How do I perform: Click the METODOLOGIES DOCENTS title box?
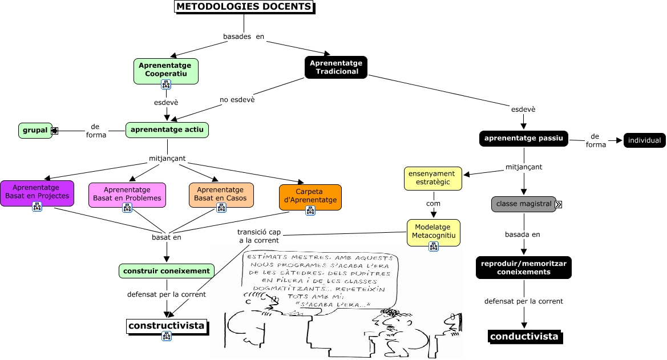pyautogui.click(x=244, y=7)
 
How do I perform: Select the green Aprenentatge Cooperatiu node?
pyautogui.click(x=166, y=70)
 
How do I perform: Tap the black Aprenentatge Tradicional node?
pyautogui.click(x=337, y=67)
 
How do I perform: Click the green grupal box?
pyautogui.click(x=35, y=131)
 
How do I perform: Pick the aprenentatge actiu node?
pyautogui.click(x=167, y=130)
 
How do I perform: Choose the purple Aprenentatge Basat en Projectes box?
pyautogui.click(x=37, y=192)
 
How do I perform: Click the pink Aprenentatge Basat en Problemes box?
pyautogui.click(x=127, y=194)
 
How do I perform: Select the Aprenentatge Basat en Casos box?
pyautogui.click(x=221, y=194)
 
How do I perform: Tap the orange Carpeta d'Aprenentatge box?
pyautogui.click(x=310, y=196)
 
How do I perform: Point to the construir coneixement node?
pyautogui.click(x=167, y=271)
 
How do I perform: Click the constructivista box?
pyautogui.click(x=167, y=326)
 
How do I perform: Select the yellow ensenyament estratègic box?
pyautogui.click(x=432, y=178)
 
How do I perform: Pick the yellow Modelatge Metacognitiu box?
pyautogui.click(x=433, y=232)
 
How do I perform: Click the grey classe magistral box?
pyautogui.click(x=524, y=204)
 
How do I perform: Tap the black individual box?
pyautogui.click(x=644, y=140)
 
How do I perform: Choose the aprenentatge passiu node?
pyautogui.click(x=524, y=139)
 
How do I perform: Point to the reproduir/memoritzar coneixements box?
pyautogui.click(x=524, y=268)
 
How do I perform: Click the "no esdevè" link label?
pyautogui.click(x=237, y=99)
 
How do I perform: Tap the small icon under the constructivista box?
pyautogui.click(x=167, y=336)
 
